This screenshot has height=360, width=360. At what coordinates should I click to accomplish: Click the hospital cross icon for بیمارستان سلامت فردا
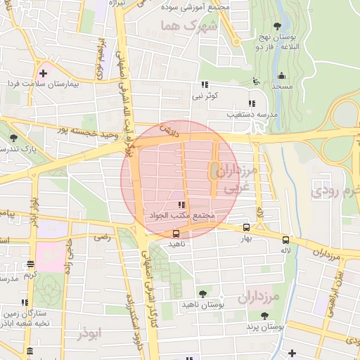(44, 72)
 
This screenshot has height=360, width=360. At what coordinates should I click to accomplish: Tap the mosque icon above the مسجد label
(282, 75)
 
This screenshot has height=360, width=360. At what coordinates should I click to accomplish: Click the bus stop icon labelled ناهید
(176, 233)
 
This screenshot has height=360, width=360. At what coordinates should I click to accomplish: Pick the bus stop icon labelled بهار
(246, 227)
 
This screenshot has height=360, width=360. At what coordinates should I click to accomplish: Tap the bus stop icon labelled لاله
(285, 239)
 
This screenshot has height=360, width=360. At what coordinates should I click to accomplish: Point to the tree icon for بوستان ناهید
(203, 294)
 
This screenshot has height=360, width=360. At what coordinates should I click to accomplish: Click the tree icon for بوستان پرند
(264, 316)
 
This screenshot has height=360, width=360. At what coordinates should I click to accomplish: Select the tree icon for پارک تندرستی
(13, 139)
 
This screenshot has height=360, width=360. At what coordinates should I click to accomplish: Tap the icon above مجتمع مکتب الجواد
(181, 205)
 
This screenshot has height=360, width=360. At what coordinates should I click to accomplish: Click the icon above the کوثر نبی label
(205, 84)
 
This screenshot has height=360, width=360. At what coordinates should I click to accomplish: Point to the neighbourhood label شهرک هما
(184, 25)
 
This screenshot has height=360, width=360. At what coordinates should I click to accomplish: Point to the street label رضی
(103, 237)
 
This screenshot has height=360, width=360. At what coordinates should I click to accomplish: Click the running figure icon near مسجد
(256, 82)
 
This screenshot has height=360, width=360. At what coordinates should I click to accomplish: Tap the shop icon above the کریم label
(29, 264)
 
